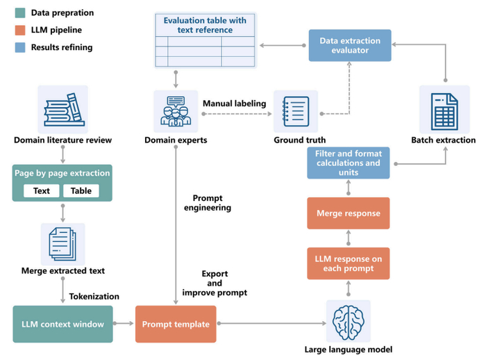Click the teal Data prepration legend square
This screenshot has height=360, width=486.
[x=19, y=13]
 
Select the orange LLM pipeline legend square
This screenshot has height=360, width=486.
[x=19, y=30]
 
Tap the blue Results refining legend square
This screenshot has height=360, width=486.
[x=19, y=47]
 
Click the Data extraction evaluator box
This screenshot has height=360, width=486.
[x=349, y=46]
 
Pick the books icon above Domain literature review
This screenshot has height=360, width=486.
[x=62, y=109]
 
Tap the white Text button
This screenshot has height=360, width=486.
[x=42, y=190]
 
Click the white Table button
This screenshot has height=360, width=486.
[x=81, y=190]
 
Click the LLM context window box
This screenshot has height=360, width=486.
[x=62, y=324]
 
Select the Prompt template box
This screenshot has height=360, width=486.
[x=176, y=324]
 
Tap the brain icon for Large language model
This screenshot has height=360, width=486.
[x=348, y=322]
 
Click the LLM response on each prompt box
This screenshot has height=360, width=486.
[x=349, y=264]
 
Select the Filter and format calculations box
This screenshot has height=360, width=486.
[x=349, y=163]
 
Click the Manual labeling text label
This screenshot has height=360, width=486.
[x=234, y=104]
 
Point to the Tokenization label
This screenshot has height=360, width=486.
[x=94, y=296]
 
